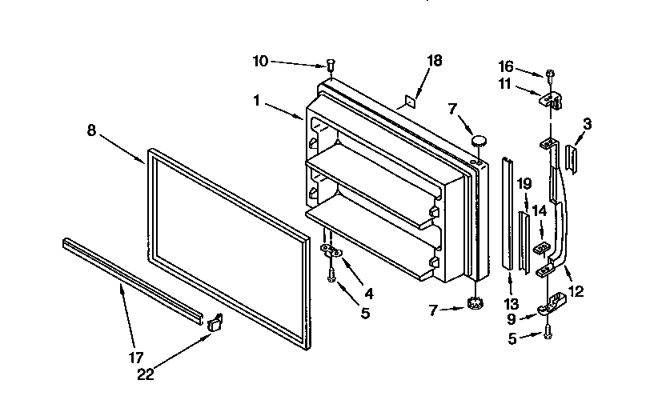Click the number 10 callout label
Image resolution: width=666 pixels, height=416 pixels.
(x=261, y=61)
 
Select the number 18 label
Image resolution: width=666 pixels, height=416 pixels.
(x=434, y=61)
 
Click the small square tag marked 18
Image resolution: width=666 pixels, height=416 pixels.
(x=408, y=102)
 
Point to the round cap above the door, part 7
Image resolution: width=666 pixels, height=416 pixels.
(x=479, y=141)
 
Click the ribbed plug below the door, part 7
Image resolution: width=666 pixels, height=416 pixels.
(x=472, y=303)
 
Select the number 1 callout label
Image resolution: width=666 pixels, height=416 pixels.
(x=256, y=102)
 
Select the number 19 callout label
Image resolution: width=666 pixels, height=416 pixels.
(x=524, y=183)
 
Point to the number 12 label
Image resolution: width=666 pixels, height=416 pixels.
(x=575, y=292)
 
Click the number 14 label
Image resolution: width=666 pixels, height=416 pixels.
(x=540, y=210)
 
